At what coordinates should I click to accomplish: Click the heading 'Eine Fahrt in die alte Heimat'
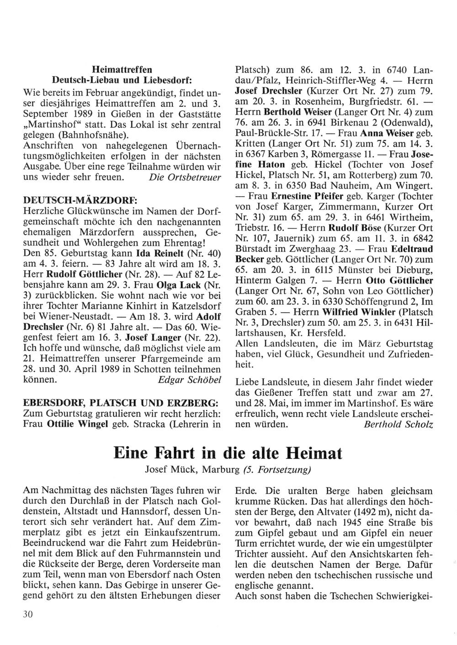coord(228,454)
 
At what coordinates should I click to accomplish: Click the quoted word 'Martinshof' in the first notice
coord(47,124)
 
